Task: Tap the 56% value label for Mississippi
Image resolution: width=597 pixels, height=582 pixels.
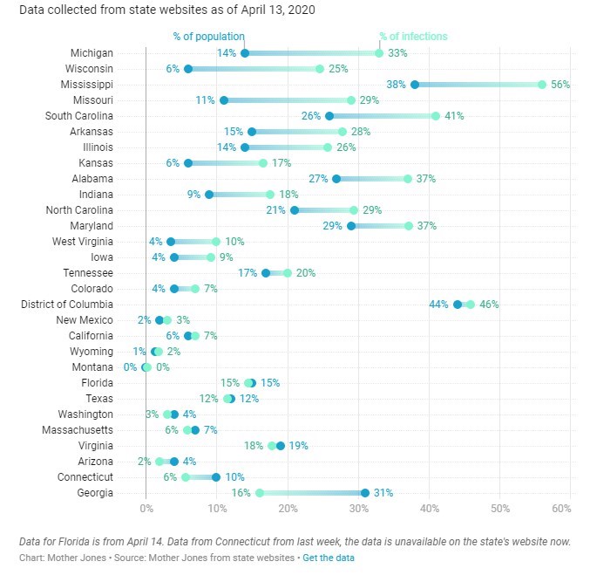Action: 560,85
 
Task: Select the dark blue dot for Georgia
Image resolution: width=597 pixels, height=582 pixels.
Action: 365,493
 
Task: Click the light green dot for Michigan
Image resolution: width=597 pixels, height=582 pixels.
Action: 379,53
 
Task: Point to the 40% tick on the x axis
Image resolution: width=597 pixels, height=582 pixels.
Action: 429,508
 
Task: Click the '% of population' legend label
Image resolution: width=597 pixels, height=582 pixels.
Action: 208,37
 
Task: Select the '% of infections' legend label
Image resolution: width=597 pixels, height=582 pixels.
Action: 413,37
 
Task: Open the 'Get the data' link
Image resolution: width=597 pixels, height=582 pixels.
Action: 329,557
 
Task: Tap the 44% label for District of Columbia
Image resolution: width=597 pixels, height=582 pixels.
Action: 438,305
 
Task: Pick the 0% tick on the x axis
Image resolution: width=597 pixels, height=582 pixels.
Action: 146,508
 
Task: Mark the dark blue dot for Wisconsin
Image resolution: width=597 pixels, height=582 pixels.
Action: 188,69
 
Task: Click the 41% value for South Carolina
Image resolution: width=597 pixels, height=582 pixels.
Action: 454,116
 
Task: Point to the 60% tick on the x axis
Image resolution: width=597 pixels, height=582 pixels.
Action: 561,508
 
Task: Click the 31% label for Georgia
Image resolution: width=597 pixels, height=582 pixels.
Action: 383,493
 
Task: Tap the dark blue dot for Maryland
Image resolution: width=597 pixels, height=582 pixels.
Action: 351,226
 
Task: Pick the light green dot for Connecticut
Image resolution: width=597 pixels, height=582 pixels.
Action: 186,477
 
